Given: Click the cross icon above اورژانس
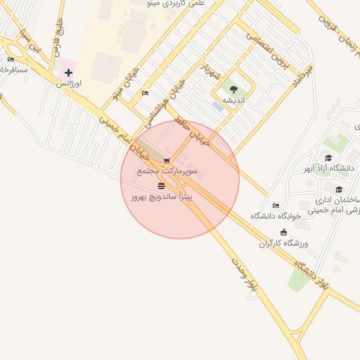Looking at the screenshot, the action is pyautogui.click(x=68, y=72).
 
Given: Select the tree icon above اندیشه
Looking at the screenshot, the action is pyautogui.click(x=233, y=89).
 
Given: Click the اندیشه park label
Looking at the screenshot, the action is pyautogui.click(x=233, y=100).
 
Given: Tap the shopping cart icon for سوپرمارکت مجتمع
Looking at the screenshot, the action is pyautogui.click(x=167, y=161).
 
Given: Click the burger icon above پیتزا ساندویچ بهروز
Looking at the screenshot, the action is pyautogui.click(x=162, y=186).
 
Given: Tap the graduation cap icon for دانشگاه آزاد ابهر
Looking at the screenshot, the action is pyautogui.click(x=328, y=157).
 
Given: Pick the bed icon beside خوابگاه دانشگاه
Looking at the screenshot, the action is pyautogui.click(x=276, y=205).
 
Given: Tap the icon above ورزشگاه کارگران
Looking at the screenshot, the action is pyautogui.click(x=283, y=233).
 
